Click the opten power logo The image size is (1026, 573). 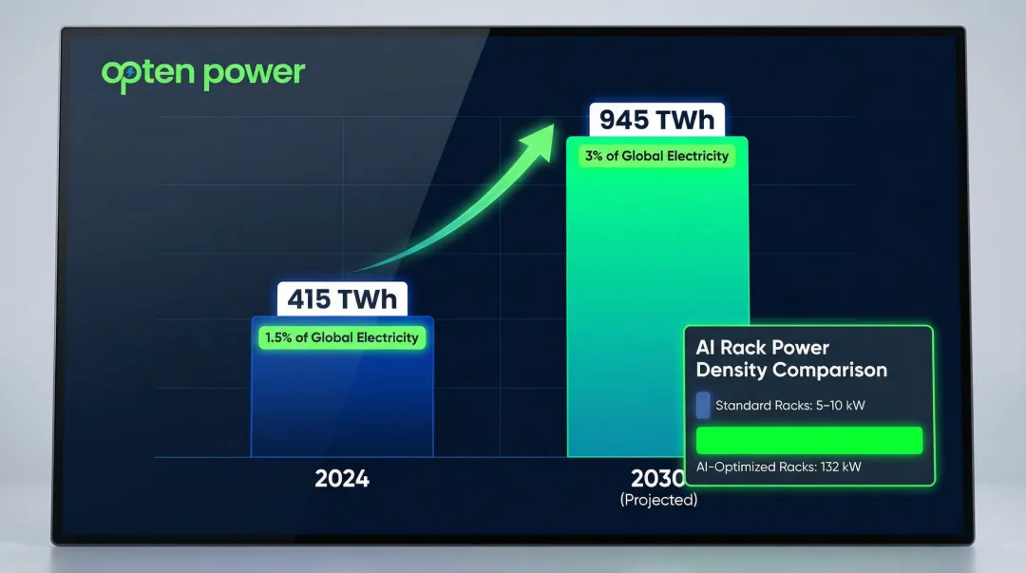tap(203, 74)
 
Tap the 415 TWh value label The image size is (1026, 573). tap(342, 299)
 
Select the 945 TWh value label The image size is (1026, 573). tap(656, 121)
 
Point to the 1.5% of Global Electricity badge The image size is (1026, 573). tap(342, 337)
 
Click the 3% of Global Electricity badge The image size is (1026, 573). tap(656, 156)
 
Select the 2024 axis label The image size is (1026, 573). tap(342, 478)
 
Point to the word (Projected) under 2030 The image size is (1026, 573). tap(658, 500)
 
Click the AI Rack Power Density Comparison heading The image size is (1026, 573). tap(791, 359)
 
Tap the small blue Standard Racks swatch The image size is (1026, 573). tap(703, 406)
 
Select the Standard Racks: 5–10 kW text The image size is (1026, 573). tap(789, 406)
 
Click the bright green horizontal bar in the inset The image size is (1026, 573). tap(809, 440)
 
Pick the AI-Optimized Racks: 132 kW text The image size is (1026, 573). tap(779, 467)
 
